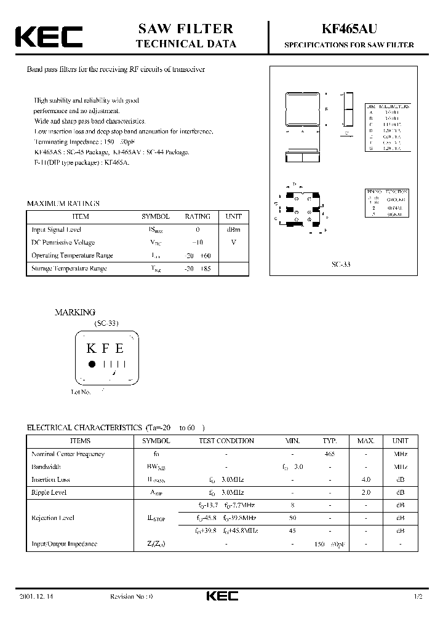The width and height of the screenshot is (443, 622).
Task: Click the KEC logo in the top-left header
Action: [49, 37]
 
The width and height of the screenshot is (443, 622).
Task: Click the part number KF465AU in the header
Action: [348, 29]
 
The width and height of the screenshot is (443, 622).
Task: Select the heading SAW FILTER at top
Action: [185, 28]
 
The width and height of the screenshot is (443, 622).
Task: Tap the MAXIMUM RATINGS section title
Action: [63, 203]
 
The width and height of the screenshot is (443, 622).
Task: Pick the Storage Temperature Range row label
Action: [69, 269]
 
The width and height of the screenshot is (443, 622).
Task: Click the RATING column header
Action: [198, 216]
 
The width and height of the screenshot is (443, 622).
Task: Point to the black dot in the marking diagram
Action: [92, 364]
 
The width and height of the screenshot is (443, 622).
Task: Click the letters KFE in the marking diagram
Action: [105, 348]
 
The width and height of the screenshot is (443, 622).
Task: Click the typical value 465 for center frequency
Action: [330, 454]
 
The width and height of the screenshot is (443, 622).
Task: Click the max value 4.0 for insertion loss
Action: [365, 479]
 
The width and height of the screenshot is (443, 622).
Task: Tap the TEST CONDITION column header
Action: [226, 441]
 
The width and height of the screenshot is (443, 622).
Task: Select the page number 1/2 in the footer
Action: [419, 597]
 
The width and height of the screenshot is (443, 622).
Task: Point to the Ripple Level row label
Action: [49, 492]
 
